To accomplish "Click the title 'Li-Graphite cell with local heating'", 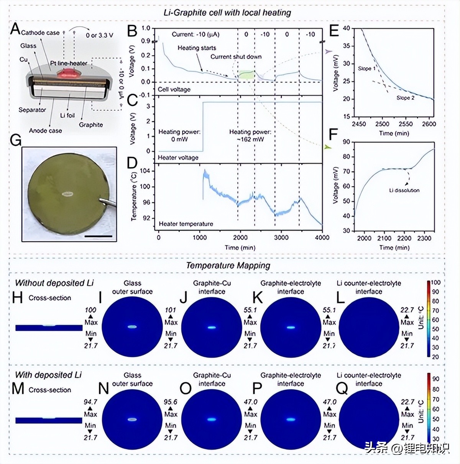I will [x=227, y=12].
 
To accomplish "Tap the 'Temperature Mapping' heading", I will [x=228, y=265].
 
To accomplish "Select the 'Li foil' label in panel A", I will [x=67, y=115].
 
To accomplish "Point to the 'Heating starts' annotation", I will [x=197, y=48].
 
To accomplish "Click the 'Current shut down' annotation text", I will [x=236, y=57].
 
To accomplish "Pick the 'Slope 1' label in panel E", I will [x=367, y=68].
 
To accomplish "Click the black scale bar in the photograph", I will [x=99, y=236].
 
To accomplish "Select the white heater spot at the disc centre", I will [x=67, y=194].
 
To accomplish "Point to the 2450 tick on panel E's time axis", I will [x=359, y=124].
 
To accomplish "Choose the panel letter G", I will [x=15, y=140].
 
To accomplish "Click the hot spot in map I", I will [x=132, y=327].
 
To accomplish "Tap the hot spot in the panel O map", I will [x=212, y=419].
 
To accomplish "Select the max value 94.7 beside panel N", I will [x=90, y=402].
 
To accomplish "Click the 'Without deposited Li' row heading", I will [x=54, y=283].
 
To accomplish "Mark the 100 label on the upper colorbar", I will [x=436, y=283].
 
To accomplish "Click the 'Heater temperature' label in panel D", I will [x=186, y=224].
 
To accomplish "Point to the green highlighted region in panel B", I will [x=246, y=74].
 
